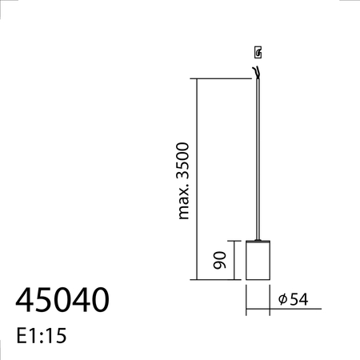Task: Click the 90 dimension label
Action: click(220, 259)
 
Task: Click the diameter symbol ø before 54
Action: click(283, 299)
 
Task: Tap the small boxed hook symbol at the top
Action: click(258, 54)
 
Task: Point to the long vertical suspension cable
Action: click(258, 160)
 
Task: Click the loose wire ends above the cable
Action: click(257, 73)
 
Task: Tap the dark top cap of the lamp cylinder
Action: click(258, 240)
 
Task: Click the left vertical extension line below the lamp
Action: click(246, 297)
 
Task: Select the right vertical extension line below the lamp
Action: click(270, 297)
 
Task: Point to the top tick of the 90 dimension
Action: click(234, 240)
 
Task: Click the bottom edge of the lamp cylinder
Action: click(258, 280)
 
